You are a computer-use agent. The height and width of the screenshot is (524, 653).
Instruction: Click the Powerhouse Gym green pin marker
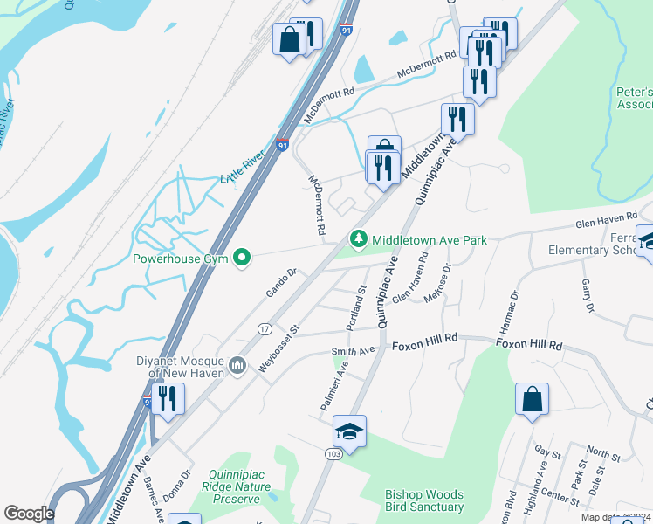(x=244, y=258)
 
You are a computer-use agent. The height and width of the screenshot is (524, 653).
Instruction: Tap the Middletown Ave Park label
(x=429, y=239)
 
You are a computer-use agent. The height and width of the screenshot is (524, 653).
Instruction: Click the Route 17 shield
(x=265, y=327)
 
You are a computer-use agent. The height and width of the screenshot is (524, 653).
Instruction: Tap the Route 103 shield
(x=334, y=454)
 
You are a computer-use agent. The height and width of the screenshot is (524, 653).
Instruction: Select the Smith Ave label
(x=353, y=351)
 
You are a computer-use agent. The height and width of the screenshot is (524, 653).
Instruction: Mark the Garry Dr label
(x=587, y=296)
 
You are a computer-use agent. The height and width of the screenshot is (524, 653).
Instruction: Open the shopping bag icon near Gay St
(x=532, y=400)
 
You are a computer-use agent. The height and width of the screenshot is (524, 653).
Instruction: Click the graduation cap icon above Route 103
(x=349, y=431)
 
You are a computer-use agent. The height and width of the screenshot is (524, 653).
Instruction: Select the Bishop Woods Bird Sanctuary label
(x=424, y=500)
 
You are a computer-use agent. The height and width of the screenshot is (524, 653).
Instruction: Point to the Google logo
(x=29, y=514)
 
